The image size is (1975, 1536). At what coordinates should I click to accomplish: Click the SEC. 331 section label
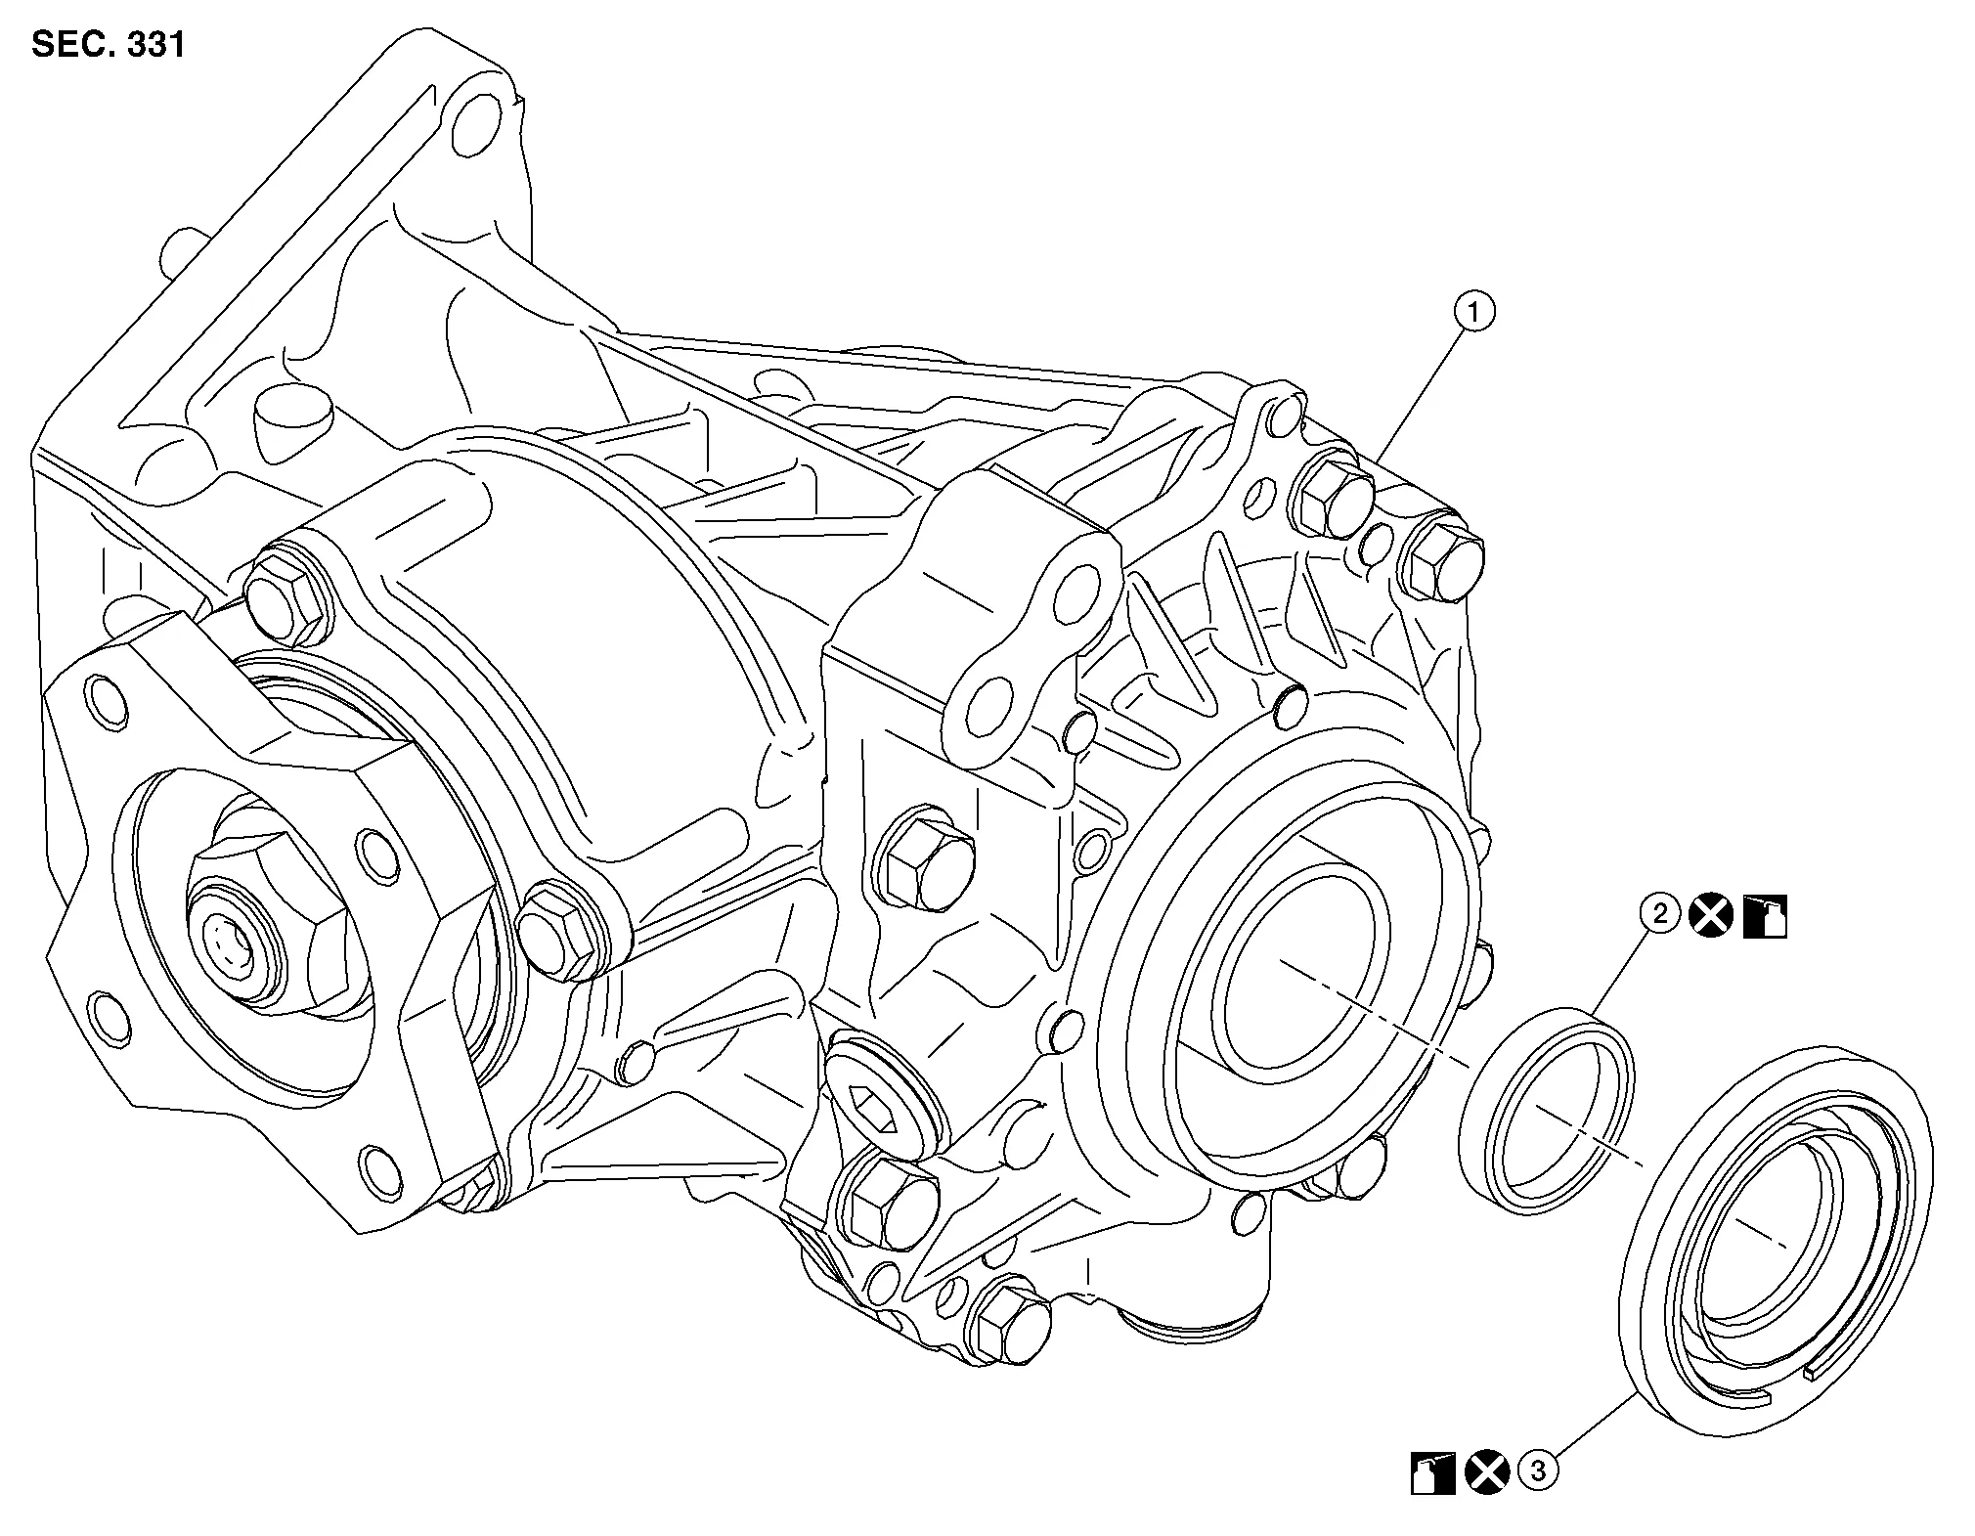[x=108, y=44]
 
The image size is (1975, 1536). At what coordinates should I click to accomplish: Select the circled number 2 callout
[x=1659, y=914]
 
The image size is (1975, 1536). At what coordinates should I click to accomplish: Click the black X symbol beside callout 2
[x=1711, y=916]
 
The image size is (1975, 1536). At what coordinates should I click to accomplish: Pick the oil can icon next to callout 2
[x=1766, y=916]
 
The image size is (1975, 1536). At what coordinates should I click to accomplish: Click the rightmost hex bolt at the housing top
[x=1441, y=565]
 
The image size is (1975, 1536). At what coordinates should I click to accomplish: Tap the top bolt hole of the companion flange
[x=107, y=701]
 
